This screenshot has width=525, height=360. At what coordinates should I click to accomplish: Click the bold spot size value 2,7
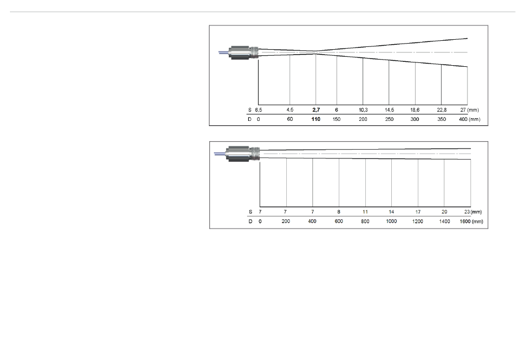[x=316, y=110]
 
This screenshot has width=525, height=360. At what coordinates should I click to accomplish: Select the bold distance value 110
[x=316, y=119]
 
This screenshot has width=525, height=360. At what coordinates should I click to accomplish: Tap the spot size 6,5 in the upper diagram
[x=259, y=110]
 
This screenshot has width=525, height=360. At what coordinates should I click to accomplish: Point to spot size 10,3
[x=363, y=110]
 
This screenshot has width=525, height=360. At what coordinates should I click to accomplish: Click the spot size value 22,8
[x=442, y=110]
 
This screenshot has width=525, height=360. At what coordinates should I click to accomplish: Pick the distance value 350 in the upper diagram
[x=442, y=119]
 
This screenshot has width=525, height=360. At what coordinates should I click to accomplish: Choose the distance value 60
[x=290, y=119]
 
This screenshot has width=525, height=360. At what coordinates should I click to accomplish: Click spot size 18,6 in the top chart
[x=415, y=110]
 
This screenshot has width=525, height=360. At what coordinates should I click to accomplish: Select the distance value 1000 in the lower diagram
[x=391, y=221]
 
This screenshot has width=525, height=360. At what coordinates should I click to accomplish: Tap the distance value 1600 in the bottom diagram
[x=465, y=221]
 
